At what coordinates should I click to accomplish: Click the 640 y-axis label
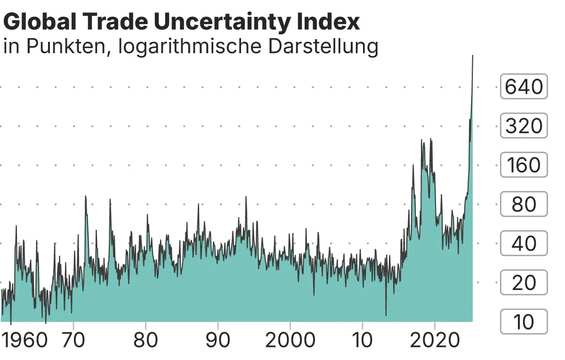[524, 87]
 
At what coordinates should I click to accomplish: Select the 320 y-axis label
[524, 126]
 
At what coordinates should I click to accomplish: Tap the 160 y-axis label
[524, 165]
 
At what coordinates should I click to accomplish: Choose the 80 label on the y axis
[524, 204]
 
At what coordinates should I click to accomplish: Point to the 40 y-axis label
[524, 243]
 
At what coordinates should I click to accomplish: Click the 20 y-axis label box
[524, 282]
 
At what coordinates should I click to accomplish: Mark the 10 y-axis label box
[524, 321]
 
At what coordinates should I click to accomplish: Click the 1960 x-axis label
[24, 340]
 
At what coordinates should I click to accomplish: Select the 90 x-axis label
[218, 340]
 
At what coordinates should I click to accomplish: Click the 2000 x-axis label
[290, 340]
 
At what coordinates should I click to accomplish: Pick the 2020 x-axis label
[435, 340]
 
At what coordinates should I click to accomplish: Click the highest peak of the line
[472, 56]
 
